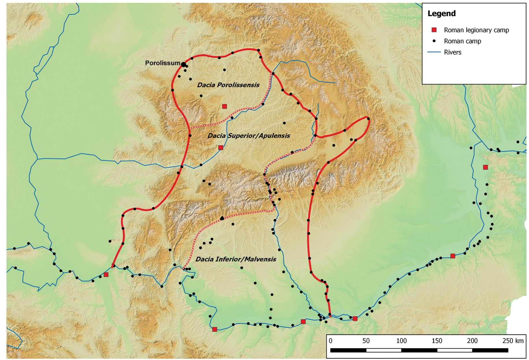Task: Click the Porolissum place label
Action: pos(162,63)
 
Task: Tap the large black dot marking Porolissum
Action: pos(184,64)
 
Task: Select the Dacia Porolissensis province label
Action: pos(228,85)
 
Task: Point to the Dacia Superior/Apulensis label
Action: pos(249,136)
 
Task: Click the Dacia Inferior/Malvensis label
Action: pos(236,259)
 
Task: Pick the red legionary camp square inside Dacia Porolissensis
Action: pos(224,106)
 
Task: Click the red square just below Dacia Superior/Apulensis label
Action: pos(221,148)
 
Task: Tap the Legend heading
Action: pos(441,14)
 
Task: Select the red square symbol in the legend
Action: pos(434,30)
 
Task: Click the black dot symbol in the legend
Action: pos(434,41)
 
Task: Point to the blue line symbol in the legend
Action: pos(434,52)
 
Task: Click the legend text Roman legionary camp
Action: pos(476,30)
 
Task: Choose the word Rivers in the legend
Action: pos(453,52)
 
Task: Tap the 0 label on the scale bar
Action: pos(331,341)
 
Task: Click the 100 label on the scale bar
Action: pos(401,341)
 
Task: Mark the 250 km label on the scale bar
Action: pos(513,341)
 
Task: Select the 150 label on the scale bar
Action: pos(437,341)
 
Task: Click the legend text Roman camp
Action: pos(463,41)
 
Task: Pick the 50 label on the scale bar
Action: pos(366,341)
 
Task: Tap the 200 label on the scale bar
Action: pos(472,341)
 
